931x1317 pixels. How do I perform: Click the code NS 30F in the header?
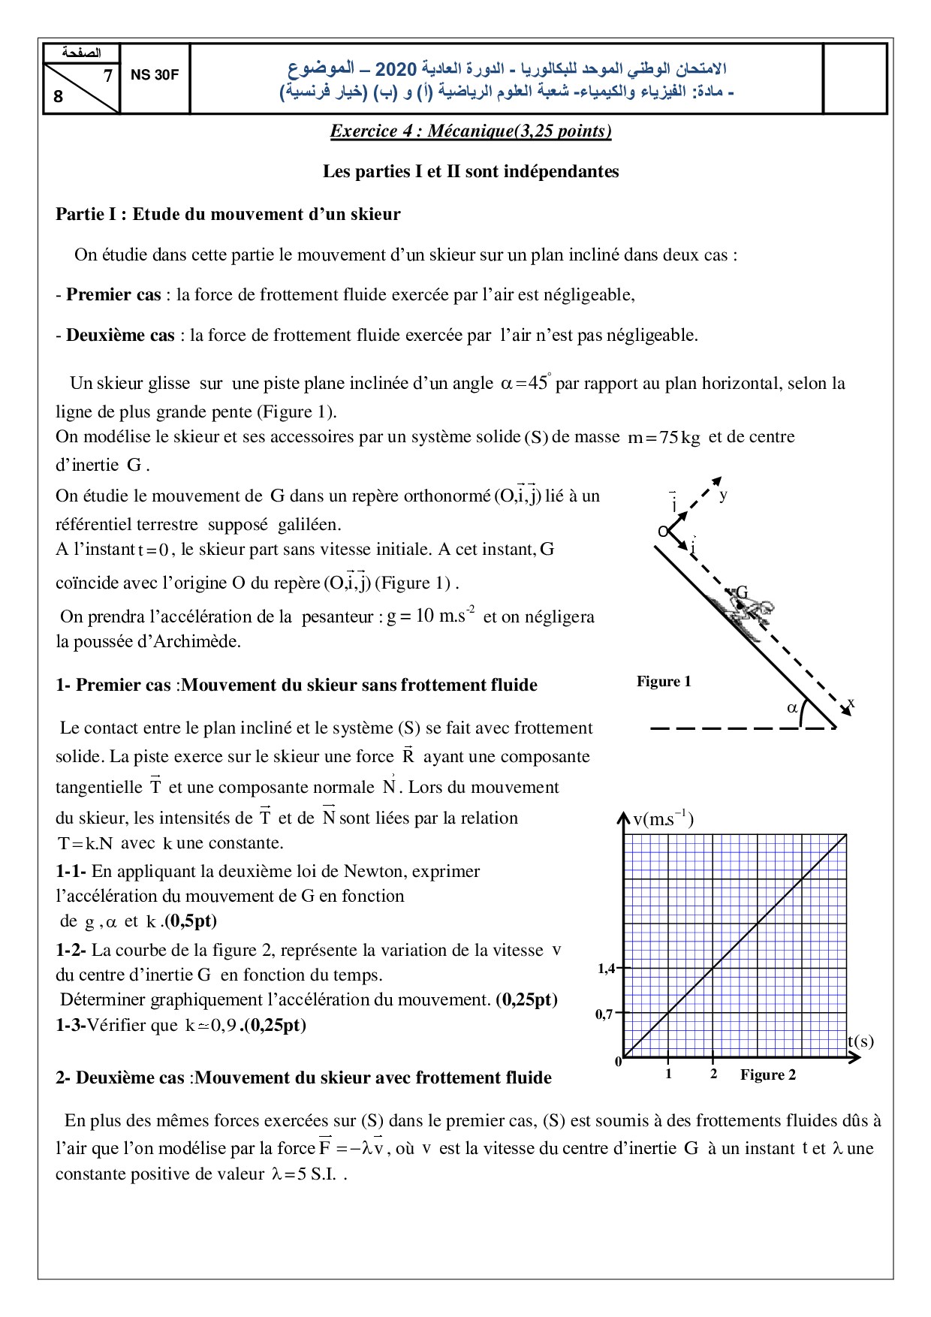click(155, 75)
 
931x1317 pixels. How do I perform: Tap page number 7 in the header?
click(107, 76)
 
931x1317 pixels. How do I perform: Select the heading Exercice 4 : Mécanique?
click(471, 131)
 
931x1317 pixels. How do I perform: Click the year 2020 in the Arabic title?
click(396, 70)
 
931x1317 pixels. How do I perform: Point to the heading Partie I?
click(227, 214)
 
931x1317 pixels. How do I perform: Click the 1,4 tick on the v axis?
click(606, 969)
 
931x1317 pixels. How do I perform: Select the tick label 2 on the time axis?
click(713, 1074)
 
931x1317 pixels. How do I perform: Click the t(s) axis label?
click(860, 1041)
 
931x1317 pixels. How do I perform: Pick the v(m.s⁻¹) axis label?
click(663, 818)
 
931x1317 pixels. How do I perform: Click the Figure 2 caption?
click(767, 1074)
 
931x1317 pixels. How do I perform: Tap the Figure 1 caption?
click(664, 682)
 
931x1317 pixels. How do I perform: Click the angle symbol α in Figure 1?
click(791, 707)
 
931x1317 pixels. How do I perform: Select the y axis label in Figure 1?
click(723, 495)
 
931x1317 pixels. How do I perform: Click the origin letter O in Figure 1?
click(662, 532)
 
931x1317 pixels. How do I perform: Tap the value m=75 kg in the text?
click(664, 438)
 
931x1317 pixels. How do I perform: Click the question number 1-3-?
click(71, 1025)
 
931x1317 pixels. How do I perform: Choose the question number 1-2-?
click(71, 950)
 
